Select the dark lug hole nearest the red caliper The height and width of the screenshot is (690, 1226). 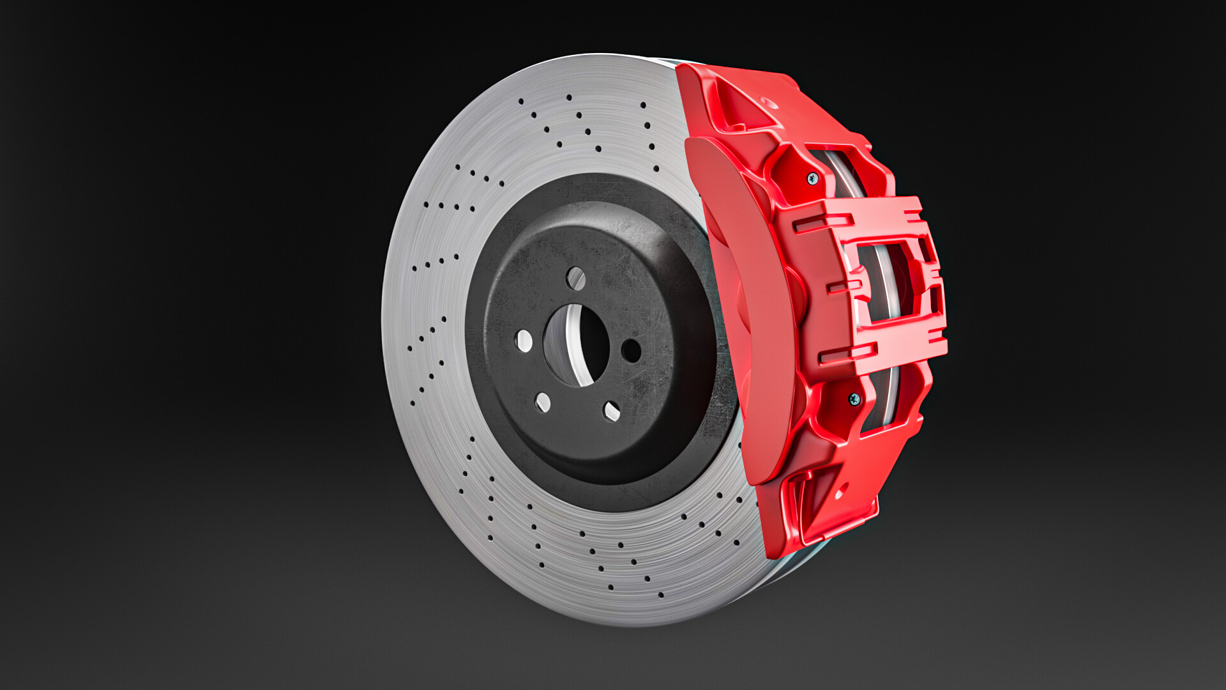point(631,350)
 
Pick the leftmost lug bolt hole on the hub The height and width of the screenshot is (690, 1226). point(524,341)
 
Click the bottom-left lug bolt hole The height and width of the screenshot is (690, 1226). point(542,402)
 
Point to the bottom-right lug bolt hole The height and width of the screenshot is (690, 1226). point(611,411)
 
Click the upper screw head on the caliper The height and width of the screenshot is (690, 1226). point(812,178)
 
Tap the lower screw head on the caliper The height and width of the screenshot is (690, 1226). point(854,400)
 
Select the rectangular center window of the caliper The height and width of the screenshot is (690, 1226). point(888,281)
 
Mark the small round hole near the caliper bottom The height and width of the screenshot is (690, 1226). point(840,493)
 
